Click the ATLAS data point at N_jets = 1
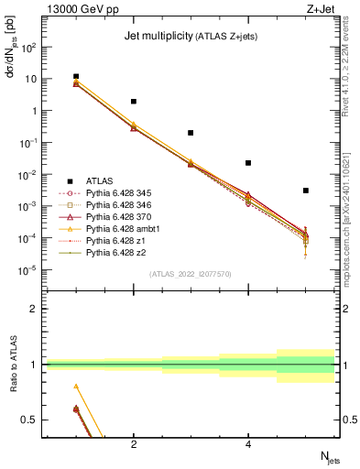[76, 77]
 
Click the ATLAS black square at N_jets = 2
[134, 102]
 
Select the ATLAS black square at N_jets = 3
[191, 133]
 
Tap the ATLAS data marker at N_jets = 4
[248, 163]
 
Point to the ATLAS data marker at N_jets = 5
[306, 191]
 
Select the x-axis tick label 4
[248, 444]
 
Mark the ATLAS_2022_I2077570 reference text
[191, 274]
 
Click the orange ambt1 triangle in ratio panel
[76, 387]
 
